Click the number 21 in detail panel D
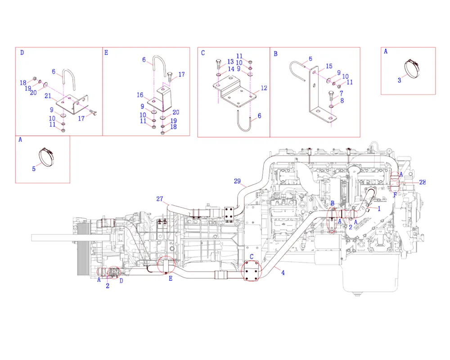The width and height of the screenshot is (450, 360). [x=48, y=96]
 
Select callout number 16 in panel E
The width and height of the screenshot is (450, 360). [x=140, y=95]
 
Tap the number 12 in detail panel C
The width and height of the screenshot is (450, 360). [x=264, y=88]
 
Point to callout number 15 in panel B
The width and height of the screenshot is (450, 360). [x=329, y=66]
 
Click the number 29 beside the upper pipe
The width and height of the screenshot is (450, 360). [x=237, y=181]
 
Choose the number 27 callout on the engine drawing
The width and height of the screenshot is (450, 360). [x=160, y=198]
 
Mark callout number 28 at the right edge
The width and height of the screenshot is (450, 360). [x=423, y=182]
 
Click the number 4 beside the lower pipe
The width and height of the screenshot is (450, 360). [x=283, y=273]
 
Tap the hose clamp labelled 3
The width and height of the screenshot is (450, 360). [x=412, y=68]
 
